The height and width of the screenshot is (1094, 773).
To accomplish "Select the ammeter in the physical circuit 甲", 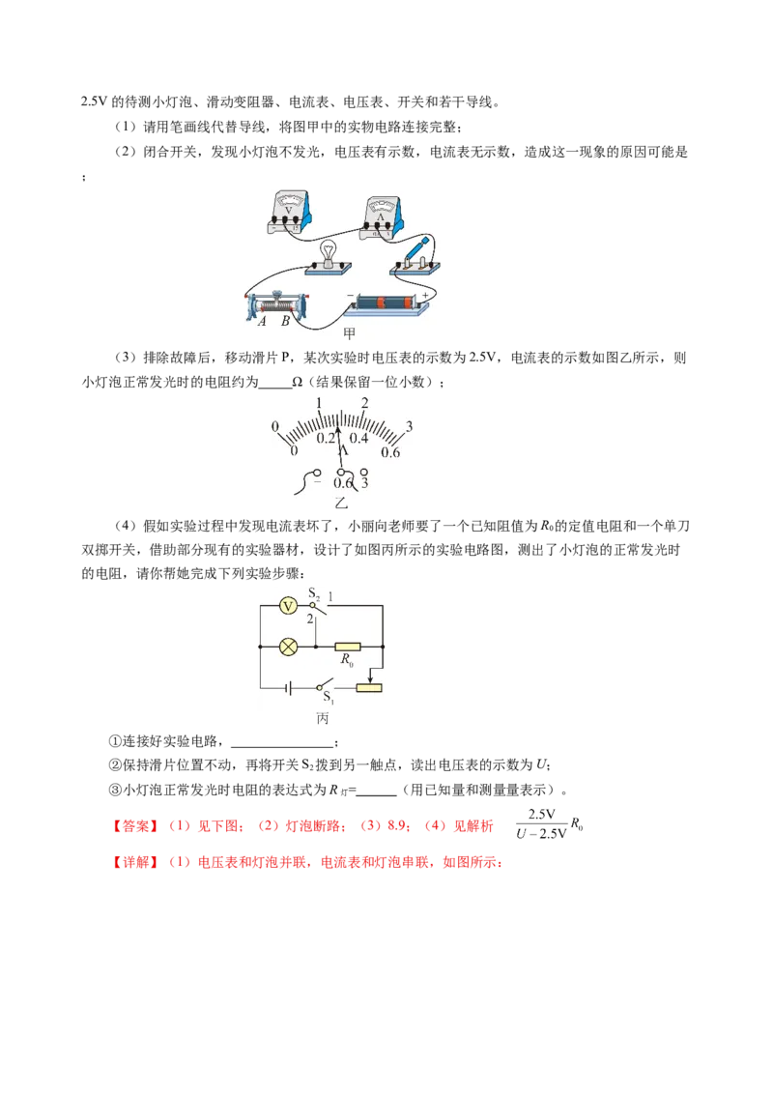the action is coord(382,217).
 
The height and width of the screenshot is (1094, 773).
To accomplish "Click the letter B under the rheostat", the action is coord(285,323).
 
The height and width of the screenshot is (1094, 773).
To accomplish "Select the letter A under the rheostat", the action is coord(262,323).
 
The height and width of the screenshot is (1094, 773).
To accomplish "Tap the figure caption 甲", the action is coord(350,333).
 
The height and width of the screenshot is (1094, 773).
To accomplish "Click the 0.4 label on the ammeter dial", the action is coord(358,438).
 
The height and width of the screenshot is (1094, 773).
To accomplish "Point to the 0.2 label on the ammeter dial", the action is coord(325,438).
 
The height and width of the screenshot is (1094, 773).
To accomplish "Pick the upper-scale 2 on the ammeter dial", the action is coord(364,403).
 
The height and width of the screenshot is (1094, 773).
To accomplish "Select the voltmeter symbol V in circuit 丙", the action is coord(288,606).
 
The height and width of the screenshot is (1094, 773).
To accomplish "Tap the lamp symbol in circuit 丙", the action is coord(288,647).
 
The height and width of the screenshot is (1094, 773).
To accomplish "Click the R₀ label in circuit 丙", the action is coord(347,659).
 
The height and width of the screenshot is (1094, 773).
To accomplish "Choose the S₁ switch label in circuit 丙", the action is coord(328,697).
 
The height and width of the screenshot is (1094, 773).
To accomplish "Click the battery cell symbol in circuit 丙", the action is coord(288,688).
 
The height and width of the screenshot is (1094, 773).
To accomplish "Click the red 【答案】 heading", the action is coord(136,826).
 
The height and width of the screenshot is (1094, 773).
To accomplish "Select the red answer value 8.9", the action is coord(397,826).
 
